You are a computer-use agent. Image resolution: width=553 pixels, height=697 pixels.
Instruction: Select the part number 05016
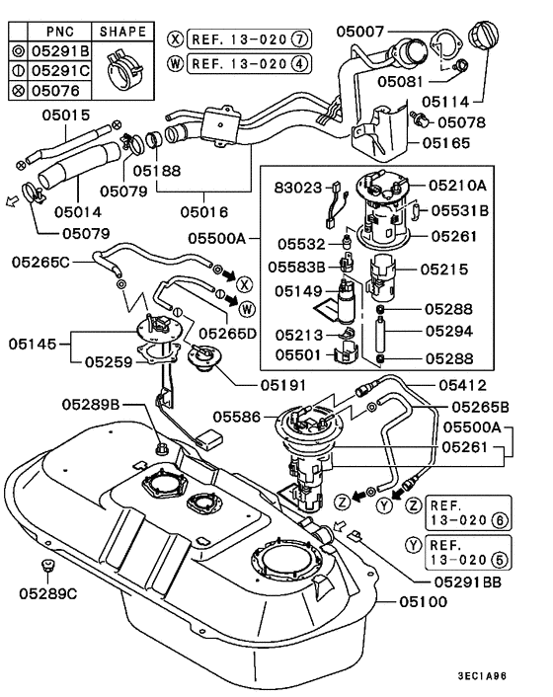(203, 211)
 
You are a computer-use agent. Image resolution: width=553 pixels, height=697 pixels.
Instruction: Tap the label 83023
(297, 186)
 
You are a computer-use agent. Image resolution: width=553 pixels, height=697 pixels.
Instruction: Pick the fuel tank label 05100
(425, 600)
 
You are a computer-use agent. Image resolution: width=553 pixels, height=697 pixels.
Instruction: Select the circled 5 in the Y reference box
(504, 562)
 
